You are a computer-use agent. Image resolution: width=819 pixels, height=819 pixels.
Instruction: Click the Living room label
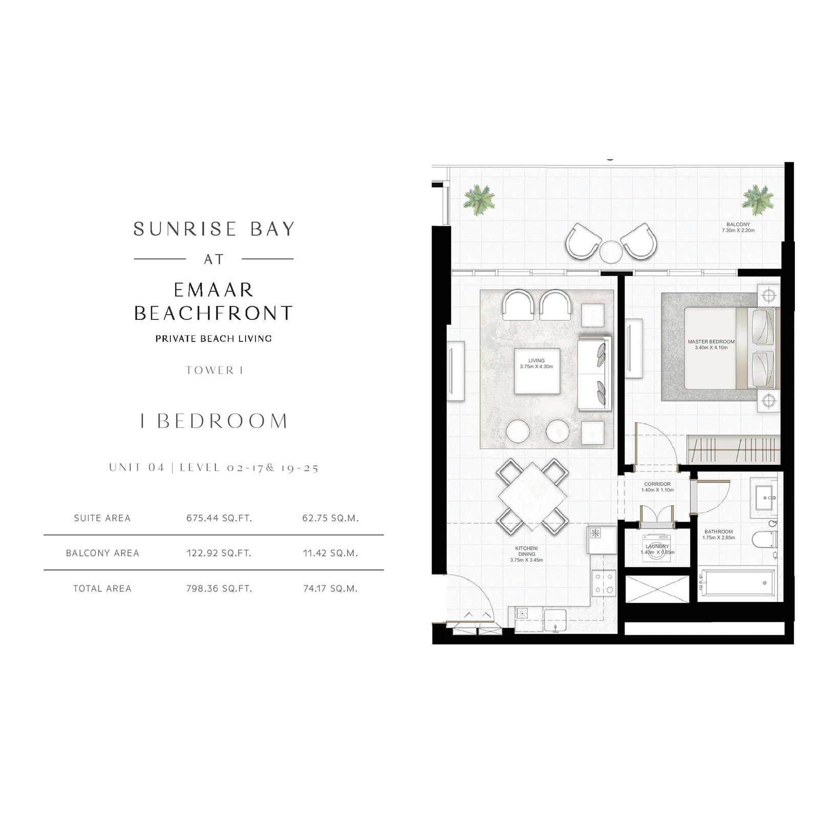536,363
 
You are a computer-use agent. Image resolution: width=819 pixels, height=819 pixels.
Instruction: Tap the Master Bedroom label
711,344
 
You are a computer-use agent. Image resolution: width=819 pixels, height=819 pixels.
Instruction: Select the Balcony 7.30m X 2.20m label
738,227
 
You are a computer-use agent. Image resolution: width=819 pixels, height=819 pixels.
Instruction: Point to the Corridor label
657,487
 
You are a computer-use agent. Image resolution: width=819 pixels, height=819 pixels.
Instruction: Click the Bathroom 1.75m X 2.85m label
719,534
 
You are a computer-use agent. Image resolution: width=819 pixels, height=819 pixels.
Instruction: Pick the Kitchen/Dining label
527,554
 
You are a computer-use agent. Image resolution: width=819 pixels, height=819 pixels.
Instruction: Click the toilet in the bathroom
765,539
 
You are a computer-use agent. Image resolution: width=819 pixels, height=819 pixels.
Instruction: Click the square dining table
532,496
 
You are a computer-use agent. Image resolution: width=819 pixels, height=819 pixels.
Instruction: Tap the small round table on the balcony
611,252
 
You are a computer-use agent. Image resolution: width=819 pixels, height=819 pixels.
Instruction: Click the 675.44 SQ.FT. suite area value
219,518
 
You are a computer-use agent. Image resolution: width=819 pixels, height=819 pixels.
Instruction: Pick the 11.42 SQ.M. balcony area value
330,553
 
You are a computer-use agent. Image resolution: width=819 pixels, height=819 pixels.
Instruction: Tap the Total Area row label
102,588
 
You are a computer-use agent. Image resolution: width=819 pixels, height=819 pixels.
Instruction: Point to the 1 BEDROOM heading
214,421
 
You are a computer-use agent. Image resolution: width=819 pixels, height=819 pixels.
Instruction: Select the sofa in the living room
594,374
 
